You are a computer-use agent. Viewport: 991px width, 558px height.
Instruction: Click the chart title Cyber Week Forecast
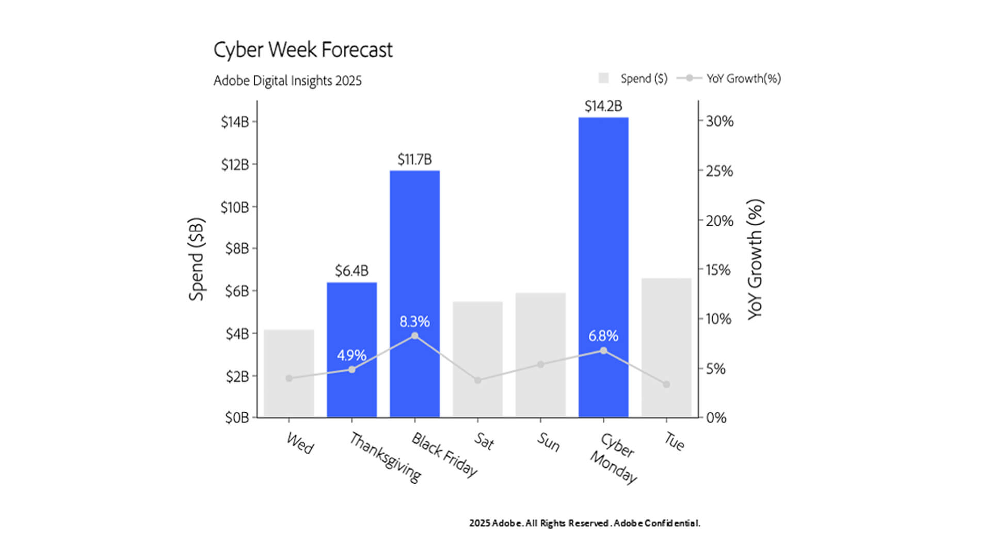(x=303, y=50)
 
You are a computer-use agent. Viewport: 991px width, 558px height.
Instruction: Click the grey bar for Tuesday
(x=666, y=331)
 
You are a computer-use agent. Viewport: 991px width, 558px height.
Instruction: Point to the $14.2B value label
(x=603, y=106)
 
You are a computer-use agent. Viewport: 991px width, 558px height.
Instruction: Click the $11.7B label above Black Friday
(x=414, y=160)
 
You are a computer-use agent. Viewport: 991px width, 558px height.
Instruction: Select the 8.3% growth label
(x=414, y=322)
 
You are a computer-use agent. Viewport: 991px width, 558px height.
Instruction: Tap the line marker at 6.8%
(x=603, y=351)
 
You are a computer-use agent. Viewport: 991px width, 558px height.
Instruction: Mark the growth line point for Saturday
(x=477, y=380)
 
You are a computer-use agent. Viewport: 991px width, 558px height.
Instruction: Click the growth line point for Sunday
(x=540, y=364)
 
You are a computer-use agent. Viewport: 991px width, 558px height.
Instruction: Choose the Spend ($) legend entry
(x=633, y=79)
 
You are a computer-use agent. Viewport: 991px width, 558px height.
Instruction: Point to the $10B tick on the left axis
(x=235, y=208)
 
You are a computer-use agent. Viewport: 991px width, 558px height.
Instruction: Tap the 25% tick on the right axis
(x=720, y=171)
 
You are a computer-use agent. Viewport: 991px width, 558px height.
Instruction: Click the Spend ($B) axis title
(x=197, y=259)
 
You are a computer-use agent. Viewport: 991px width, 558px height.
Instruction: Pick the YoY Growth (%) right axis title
(x=755, y=259)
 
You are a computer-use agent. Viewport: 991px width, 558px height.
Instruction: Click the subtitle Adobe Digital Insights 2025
(x=287, y=81)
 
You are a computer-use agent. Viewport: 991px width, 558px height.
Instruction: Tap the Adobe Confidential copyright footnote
(x=584, y=523)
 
